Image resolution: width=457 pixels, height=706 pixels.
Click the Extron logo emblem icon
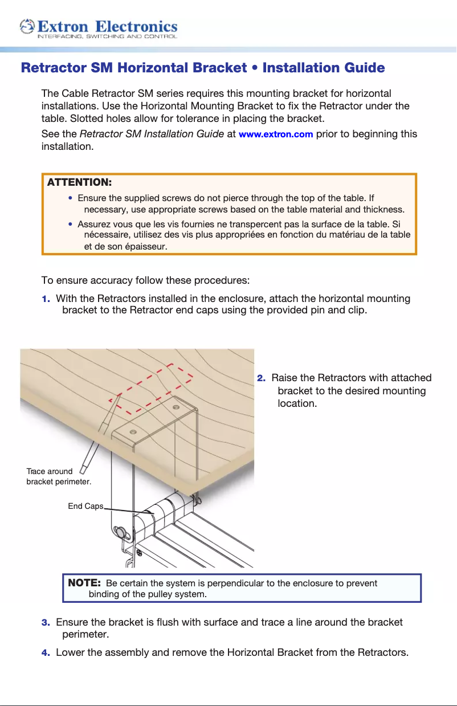tap(27, 27)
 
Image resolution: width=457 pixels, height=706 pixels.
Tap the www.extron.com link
tap(276, 134)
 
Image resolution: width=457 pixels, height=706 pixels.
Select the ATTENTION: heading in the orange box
tap(79, 182)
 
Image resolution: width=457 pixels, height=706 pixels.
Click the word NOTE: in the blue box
tap(84, 583)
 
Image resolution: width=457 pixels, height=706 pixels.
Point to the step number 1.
tap(45, 299)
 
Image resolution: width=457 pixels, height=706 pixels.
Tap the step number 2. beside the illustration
tap(261, 378)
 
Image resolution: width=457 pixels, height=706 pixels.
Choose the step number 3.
tap(45, 622)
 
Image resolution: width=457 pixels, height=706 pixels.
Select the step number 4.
tap(45, 652)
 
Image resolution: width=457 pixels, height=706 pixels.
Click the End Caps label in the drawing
tap(85, 506)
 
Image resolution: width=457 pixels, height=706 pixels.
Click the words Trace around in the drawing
tap(50, 471)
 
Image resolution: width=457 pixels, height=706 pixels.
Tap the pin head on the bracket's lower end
tap(121, 532)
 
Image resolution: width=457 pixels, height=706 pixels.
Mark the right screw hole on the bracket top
tap(176, 407)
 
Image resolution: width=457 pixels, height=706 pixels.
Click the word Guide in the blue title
tap(364, 68)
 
